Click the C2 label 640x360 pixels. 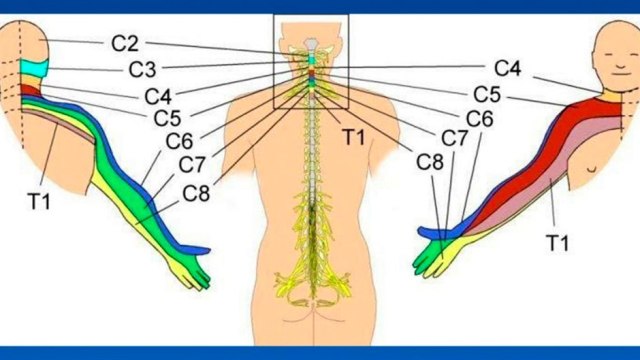[x=125, y=44]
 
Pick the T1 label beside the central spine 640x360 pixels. [x=353, y=136]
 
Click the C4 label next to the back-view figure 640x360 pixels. [x=158, y=98]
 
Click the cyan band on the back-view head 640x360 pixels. [x=34, y=68]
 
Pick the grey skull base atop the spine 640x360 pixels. [x=311, y=44]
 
